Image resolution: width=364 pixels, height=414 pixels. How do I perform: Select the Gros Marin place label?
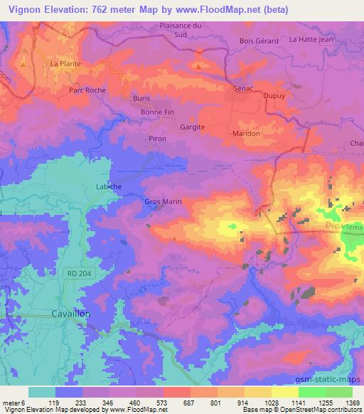pos(163,202)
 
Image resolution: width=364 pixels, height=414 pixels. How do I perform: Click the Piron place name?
pos(157,139)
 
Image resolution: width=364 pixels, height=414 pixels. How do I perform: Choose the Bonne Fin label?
pos(157,112)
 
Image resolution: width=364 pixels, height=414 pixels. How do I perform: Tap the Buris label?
pos(142,99)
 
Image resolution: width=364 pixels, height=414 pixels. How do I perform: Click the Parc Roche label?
pos(87,90)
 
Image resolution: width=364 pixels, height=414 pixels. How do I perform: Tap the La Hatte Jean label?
pos(311,40)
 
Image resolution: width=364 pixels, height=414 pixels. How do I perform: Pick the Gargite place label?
pos(192,127)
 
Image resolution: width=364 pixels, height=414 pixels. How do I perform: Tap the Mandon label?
pos(247,133)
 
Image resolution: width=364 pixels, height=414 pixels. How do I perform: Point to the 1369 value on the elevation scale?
pos(352,402)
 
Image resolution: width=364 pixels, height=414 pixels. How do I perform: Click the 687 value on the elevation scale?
pos(176,402)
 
